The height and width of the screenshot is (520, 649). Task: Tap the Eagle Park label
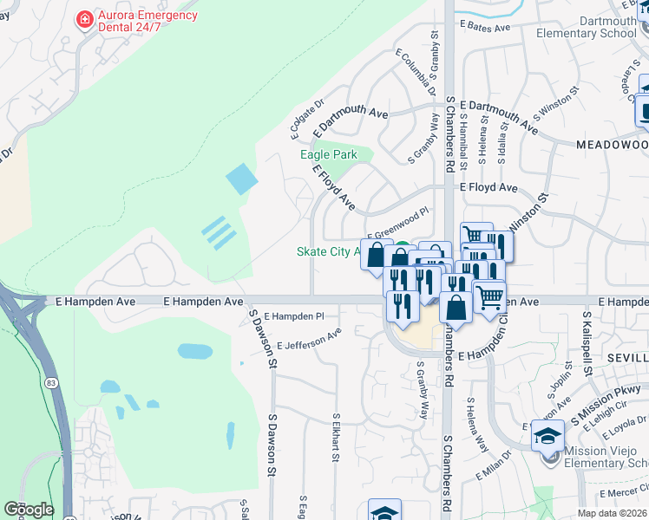pyautogui.click(x=329, y=154)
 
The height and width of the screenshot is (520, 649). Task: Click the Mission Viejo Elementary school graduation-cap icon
pyautogui.click(x=548, y=436)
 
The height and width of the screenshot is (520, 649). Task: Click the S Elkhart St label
pyautogui.click(x=335, y=438)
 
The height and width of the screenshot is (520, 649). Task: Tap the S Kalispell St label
pyautogui.click(x=587, y=345)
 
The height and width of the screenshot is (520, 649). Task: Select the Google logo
pyautogui.click(x=29, y=510)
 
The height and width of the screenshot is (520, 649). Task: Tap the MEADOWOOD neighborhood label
pyautogui.click(x=611, y=144)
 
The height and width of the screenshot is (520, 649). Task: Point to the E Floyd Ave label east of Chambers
pyautogui.click(x=488, y=187)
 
